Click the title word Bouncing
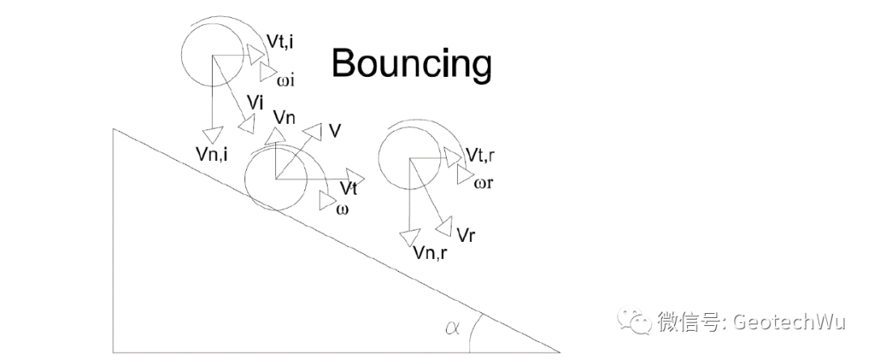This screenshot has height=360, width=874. pyautogui.click(x=411, y=63)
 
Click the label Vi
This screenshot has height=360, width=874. pyautogui.click(x=257, y=103)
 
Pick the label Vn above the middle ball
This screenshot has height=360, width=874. pyautogui.click(x=284, y=117)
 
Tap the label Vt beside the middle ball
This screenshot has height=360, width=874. pyautogui.click(x=349, y=188)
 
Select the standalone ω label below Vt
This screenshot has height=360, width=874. pyautogui.click(x=342, y=210)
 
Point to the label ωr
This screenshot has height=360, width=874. pyautogui.click(x=484, y=182)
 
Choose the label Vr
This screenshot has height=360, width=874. pyautogui.click(x=465, y=235)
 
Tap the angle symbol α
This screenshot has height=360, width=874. pyautogui.click(x=452, y=327)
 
